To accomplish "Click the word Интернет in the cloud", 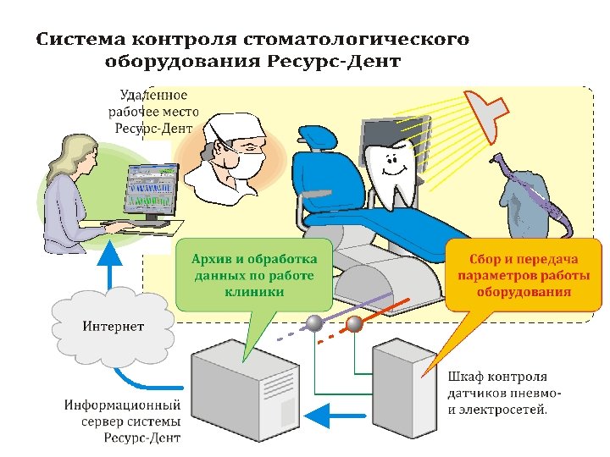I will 113,326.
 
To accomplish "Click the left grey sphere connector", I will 314,322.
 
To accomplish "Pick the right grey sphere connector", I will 354,322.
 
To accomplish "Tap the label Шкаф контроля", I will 496,377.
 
